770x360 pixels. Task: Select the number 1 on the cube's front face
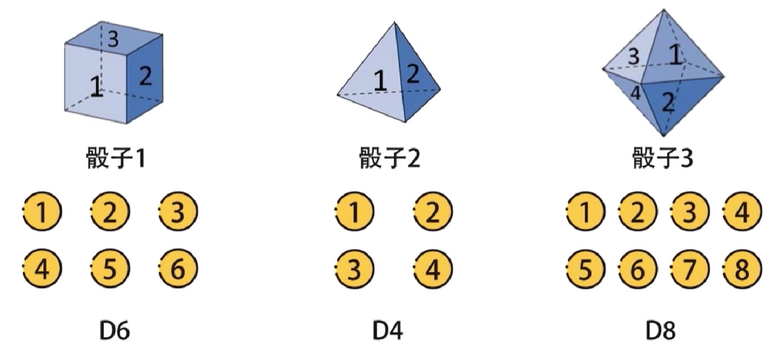95,87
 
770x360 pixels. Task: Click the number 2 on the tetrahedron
413,75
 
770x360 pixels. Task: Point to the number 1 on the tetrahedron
380,81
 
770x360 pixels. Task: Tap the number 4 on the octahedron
635,93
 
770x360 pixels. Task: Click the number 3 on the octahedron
633,57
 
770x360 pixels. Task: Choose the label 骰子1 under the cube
115,159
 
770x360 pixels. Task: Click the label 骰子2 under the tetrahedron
390,159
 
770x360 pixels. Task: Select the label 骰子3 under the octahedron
663,159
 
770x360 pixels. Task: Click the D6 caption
114,331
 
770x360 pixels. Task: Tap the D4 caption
388,331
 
